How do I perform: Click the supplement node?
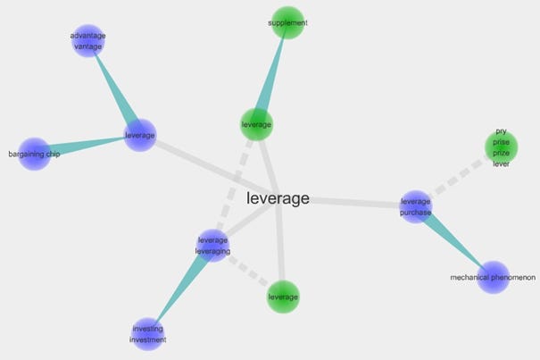click(x=287, y=23)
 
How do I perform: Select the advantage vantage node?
click(x=87, y=40)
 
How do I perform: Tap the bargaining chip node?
click(x=35, y=154)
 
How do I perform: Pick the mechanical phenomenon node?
click(x=493, y=278)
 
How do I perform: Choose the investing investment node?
click(x=148, y=334)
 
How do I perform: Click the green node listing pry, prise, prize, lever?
click(x=501, y=147)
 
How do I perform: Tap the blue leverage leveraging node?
click(x=213, y=245)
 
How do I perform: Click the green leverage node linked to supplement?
click(x=257, y=124)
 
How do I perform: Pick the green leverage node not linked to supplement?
click(x=283, y=297)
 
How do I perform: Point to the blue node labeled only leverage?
click(x=140, y=136)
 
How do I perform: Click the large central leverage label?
click(x=278, y=198)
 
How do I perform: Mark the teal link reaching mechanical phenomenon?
click(x=455, y=244)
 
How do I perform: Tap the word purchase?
click(x=416, y=213)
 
